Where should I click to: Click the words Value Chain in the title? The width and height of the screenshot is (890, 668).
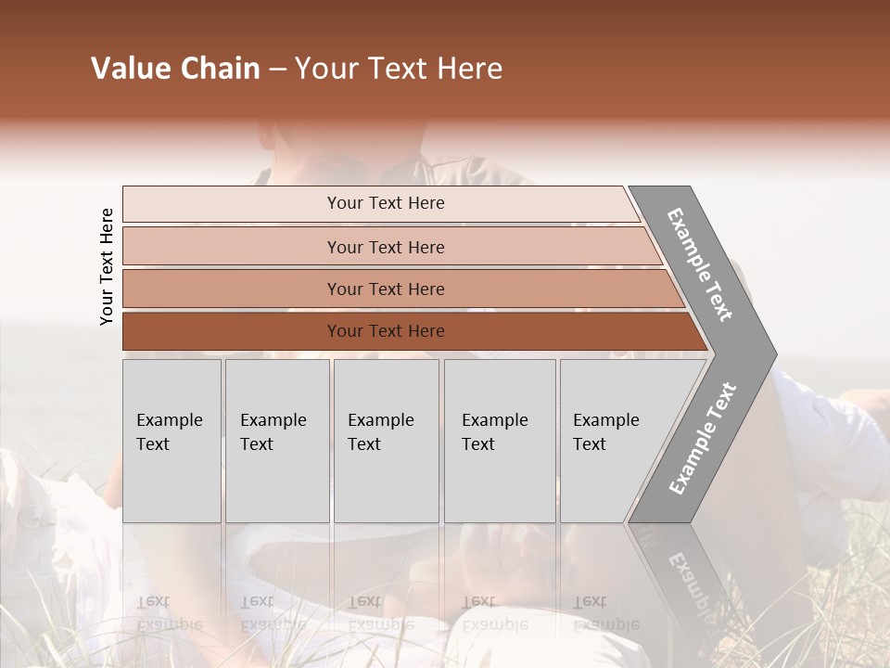click(x=175, y=69)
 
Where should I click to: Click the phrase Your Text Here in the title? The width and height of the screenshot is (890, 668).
click(x=399, y=69)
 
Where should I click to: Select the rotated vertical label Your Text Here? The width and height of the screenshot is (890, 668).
click(x=107, y=267)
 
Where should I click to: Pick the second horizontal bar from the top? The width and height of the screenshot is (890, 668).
click(x=385, y=247)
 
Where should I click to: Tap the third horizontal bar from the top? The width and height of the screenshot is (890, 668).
click(x=385, y=289)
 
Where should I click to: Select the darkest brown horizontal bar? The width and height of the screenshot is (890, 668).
click(x=385, y=331)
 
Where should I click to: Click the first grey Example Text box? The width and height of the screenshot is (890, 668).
click(x=172, y=441)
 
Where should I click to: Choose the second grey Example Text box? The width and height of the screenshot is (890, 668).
click(x=276, y=441)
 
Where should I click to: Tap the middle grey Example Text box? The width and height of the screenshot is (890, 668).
click(x=386, y=441)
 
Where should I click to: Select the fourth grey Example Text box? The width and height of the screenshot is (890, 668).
click(x=499, y=441)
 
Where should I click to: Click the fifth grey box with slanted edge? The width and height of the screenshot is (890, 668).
click(x=612, y=441)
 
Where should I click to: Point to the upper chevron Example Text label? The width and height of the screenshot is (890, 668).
click(x=701, y=264)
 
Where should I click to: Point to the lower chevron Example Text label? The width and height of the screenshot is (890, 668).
click(x=703, y=438)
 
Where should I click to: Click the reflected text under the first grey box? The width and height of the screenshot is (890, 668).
click(x=169, y=613)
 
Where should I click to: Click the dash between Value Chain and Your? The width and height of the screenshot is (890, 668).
click(x=277, y=70)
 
